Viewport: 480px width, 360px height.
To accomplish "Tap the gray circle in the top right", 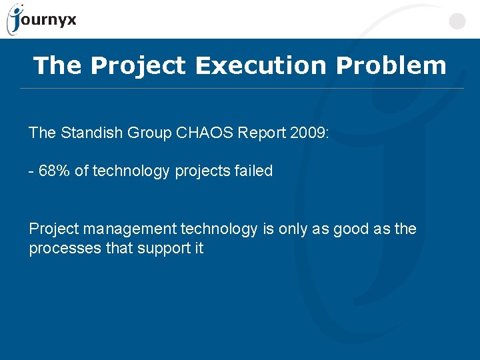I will tap(457, 21).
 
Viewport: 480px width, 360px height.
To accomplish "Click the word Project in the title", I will tap(139, 65).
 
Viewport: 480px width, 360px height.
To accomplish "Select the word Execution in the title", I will tap(262, 65).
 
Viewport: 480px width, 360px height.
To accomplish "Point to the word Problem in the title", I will tap(391, 65).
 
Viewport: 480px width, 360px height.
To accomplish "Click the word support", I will tap(156, 249).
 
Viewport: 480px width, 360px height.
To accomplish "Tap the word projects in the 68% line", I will tap(201, 171).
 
